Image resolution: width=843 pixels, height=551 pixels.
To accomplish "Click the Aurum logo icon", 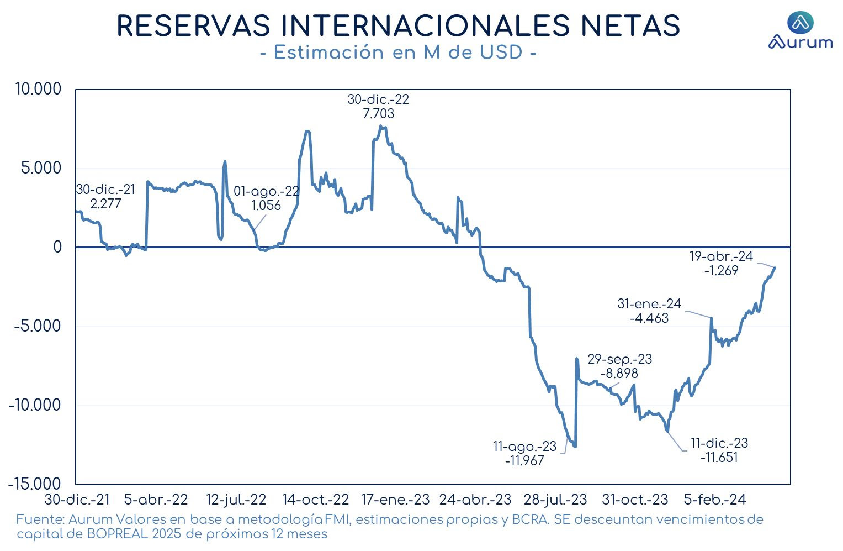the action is click(x=800, y=22).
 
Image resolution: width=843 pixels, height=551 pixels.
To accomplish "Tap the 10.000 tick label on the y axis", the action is click(x=38, y=89).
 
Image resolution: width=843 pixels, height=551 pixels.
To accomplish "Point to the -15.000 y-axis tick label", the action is click(x=34, y=484).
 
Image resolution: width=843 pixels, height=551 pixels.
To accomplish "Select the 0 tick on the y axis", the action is click(x=57, y=247).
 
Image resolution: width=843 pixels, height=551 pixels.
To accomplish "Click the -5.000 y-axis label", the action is click(x=37, y=326).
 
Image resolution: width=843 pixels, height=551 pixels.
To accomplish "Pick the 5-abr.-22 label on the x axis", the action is click(x=156, y=500).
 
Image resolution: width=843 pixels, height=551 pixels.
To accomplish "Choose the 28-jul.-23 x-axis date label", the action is click(x=555, y=500).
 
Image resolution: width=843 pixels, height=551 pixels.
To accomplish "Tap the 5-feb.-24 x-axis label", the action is click(x=715, y=500).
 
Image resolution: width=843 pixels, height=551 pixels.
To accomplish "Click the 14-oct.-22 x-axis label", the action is click(x=316, y=500).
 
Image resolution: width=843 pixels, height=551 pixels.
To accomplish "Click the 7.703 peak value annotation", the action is click(x=378, y=113).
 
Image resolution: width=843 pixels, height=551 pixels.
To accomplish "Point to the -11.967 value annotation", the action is click(x=524, y=460).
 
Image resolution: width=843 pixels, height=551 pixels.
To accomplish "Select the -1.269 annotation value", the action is click(x=722, y=270).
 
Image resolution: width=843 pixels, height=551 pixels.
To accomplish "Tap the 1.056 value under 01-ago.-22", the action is click(x=266, y=205).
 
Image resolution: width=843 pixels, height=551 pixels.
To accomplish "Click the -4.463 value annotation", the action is click(x=649, y=318).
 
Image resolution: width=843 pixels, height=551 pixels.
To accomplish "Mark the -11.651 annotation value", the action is click(x=719, y=457).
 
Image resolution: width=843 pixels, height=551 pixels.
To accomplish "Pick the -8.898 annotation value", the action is click(x=619, y=373).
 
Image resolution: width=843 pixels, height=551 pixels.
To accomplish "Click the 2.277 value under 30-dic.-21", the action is click(x=106, y=204).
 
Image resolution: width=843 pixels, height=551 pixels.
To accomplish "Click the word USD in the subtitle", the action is click(x=501, y=52).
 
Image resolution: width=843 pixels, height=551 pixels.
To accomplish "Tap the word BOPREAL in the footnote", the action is click(x=118, y=534).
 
